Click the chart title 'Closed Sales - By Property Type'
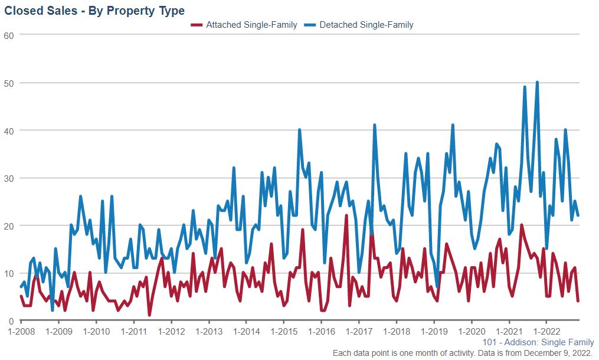click(x=94, y=11)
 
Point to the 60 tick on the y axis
click(x=8, y=35)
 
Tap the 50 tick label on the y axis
click(x=8, y=83)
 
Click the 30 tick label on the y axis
click(x=8, y=178)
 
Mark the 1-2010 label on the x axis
click(x=96, y=332)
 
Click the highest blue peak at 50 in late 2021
click(x=537, y=83)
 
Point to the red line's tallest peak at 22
click(x=346, y=216)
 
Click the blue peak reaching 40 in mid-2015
click(x=300, y=130)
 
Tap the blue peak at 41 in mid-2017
click(x=375, y=125)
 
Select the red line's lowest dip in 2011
click(x=149, y=315)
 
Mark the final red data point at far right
click(x=578, y=301)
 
